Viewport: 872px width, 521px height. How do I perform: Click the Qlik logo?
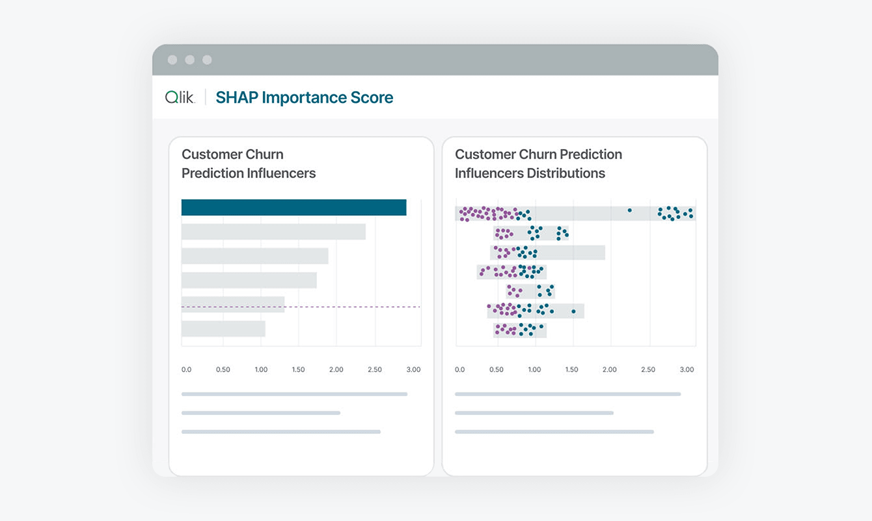(x=180, y=98)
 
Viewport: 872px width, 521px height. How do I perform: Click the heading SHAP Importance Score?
(x=305, y=98)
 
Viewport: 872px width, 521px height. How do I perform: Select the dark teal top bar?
(x=293, y=207)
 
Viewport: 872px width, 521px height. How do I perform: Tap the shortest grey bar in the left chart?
(x=223, y=329)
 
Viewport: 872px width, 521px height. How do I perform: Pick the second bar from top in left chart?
(x=273, y=232)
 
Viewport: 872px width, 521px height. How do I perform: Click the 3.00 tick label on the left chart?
(x=413, y=370)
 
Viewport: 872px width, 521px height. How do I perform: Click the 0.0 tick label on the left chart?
(x=186, y=370)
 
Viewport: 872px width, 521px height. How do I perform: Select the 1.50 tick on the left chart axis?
(x=298, y=370)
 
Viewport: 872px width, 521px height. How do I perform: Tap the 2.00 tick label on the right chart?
(x=609, y=370)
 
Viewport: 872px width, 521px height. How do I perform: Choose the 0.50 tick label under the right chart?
(x=496, y=370)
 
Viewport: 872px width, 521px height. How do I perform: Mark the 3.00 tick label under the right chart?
(x=687, y=370)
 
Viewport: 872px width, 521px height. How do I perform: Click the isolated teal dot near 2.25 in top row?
(x=629, y=210)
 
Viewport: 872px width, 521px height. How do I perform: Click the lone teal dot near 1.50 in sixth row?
(x=573, y=311)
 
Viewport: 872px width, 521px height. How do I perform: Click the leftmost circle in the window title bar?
(x=172, y=60)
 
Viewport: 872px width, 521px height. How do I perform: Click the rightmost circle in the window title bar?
(x=207, y=60)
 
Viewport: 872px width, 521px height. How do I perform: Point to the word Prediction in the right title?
(x=589, y=154)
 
